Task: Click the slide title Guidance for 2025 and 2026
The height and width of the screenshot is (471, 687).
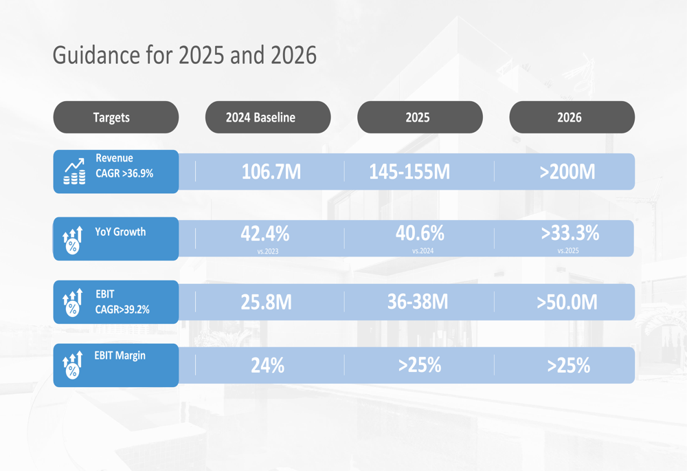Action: [x=184, y=55]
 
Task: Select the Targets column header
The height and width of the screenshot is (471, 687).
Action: [x=111, y=118]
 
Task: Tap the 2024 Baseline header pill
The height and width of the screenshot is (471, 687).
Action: [x=260, y=118]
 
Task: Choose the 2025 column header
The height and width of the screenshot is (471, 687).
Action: [x=418, y=118]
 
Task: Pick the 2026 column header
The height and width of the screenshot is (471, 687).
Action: [x=570, y=118]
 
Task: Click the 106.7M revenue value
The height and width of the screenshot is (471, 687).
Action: [x=271, y=172]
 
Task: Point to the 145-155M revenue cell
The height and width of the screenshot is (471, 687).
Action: [x=409, y=172]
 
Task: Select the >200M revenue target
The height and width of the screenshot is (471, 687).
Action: [x=567, y=172]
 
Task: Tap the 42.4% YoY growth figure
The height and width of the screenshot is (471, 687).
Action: [x=264, y=234]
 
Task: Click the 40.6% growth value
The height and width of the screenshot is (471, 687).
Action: [x=420, y=233]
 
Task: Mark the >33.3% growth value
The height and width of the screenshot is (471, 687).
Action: [x=570, y=233]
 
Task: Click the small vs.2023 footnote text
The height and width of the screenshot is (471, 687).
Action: [x=268, y=252]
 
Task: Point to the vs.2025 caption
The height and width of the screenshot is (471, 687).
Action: [x=568, y=251]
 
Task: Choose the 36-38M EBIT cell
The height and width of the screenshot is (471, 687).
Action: [x=418, y=302]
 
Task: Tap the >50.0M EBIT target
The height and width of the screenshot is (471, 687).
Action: [x=567, y=302]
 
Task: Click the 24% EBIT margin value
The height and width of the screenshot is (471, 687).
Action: [x=267, y=365]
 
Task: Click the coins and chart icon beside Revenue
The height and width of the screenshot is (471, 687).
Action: [x=74, y=172]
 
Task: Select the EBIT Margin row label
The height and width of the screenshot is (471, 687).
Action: [x=120, y=356]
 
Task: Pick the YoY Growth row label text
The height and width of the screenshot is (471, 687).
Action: [x=120, y=232]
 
